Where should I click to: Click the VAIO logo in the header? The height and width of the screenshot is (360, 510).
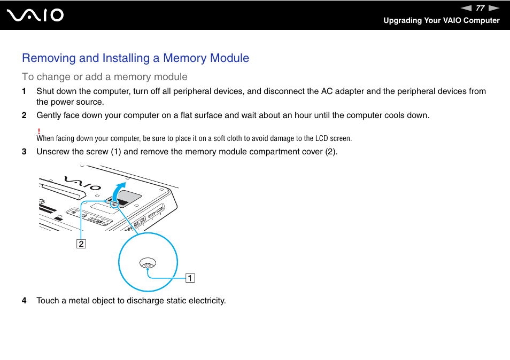[x=36, y=15]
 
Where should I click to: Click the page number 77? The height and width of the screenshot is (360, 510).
[x=480, y=8]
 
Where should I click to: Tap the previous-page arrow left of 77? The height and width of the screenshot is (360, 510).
[x=466, y=8]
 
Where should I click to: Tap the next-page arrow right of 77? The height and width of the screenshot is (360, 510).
[x=494, y=8]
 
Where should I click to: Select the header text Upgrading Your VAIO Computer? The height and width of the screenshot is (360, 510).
[x=441, y=20]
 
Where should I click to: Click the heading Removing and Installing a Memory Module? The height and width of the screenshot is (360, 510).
[x=135, y=58]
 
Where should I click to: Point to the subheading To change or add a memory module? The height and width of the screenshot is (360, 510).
[x=105, y=76]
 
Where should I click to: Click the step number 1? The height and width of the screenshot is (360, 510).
[x=24, y=91]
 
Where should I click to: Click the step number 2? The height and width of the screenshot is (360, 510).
[x=24, y=115]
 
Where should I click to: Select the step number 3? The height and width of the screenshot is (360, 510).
[x=24, y=152]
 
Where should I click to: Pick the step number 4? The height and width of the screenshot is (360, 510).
[x=24, y=301]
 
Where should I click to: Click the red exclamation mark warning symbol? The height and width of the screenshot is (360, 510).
[x=39, y=131]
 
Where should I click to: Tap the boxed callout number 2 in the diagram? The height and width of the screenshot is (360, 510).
[x=81, y=244]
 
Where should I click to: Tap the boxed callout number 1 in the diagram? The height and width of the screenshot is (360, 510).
[x=190, y=278]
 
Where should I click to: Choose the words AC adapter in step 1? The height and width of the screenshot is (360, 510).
[x=342, y=91]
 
